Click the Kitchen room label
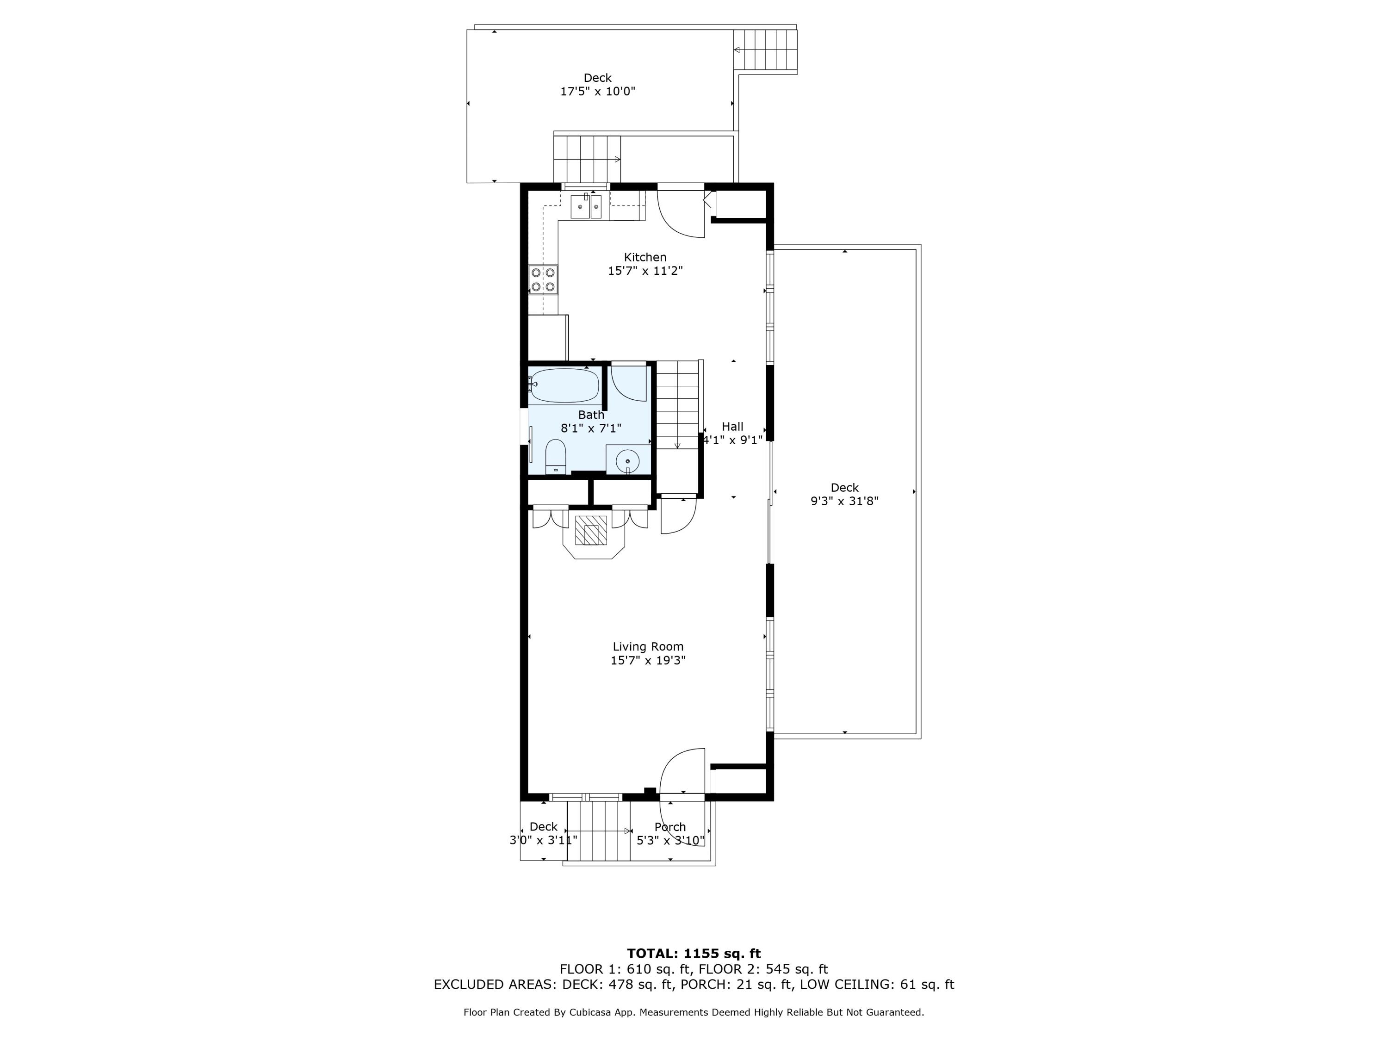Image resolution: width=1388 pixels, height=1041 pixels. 644,257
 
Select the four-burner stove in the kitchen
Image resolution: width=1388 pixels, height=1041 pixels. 543,280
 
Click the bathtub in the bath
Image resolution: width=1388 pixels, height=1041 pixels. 564,385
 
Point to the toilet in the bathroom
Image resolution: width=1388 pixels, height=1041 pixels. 555,456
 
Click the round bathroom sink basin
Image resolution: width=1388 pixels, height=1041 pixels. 627,461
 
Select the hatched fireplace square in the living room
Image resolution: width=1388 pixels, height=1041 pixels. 591,530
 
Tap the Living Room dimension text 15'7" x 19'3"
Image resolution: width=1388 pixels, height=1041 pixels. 648,660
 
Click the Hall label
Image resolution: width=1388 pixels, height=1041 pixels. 732,427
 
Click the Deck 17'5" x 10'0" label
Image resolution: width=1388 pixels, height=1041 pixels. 597,85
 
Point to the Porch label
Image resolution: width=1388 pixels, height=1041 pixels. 669,827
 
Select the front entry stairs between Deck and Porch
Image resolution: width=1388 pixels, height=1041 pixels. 599,831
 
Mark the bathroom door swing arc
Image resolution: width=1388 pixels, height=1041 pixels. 629,384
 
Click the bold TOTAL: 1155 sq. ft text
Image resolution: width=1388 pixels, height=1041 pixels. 694,954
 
